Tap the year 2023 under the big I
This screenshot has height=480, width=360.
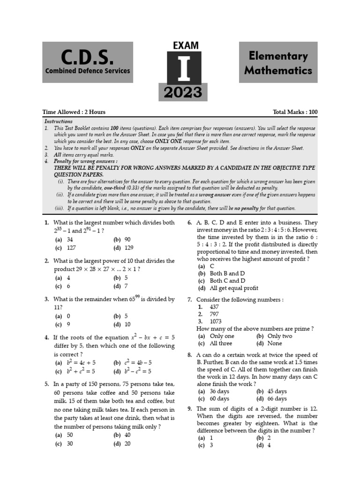pos(183,92)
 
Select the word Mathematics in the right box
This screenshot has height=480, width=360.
pos(278,70)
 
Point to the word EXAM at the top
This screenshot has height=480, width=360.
pos(186,45)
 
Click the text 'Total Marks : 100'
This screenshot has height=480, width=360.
pos(295,112)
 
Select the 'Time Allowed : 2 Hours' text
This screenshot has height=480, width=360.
pos(74,112)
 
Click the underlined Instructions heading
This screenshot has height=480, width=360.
pos(58,121)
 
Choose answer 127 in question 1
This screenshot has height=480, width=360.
pos(72,248)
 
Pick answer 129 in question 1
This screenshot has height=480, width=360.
pos(129,248)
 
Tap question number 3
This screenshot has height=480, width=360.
pos(47,299)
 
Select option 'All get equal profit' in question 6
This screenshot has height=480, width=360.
pos(234,288)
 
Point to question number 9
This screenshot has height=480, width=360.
pos(190,409)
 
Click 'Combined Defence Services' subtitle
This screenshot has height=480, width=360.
pos(88,71)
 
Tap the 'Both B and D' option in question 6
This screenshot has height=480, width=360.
pos(227,273)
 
